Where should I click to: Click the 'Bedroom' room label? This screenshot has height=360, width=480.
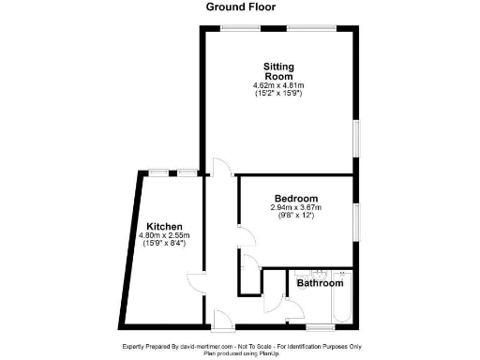(x=296, y=198)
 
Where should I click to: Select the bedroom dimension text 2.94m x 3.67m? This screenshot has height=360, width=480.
(x=296, y=207)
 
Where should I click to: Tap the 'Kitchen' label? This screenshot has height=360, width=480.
(x=164, y=226)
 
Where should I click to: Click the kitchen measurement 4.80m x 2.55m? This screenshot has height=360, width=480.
(x=164, y=235)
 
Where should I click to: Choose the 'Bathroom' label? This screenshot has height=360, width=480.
(x=320, y=282)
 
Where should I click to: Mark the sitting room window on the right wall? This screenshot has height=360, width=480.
(x=355, y=135)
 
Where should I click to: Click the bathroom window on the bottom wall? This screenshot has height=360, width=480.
(x=320, y=325)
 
